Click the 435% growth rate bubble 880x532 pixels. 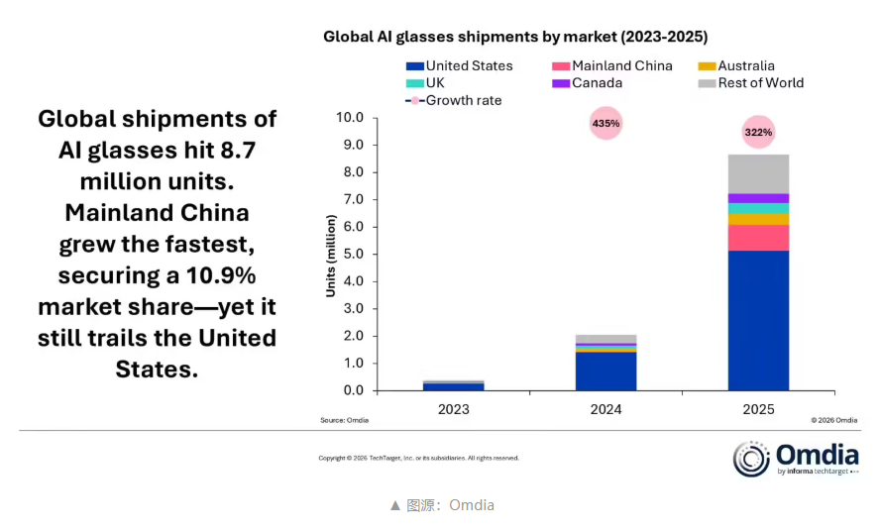click(x=605, y=124)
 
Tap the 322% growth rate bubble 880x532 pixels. click(x=758, y=132)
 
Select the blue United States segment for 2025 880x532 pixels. click(x=758, y=320)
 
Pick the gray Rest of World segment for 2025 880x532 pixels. click(x=758, y=173)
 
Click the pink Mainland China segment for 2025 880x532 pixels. click(x=758, y=238)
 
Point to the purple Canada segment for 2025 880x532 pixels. click(x=758, y=198)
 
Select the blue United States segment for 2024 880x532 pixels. click(x=605, y=371)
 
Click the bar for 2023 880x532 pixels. click(x=453, y=385)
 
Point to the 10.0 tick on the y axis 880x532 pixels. click(x=351, y=118)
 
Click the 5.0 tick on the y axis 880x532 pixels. click(x=354, y=254)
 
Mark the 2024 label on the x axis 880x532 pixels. click(x=605, y=408)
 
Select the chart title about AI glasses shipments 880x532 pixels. click(x=515, y=37)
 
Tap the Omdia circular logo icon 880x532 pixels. click(x=751, y=459)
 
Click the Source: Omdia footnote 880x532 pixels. click(x=344, y=420)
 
